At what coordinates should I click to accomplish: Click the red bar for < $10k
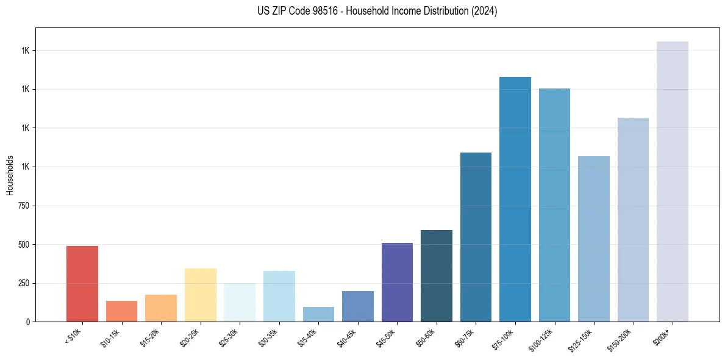pyautogui.click(x=82, y=284)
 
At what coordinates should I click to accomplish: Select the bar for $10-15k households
pyautogui.click(x=121, y=311)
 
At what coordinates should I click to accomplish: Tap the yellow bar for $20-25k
pyautogui.click(x=201, y=295)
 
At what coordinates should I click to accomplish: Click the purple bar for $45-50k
pyautogui.click(x=397, y=283)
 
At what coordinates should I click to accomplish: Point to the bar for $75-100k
pyautogui.click(x=515, y=200)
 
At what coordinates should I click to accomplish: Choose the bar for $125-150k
pyautogui.click(x=594, y=239)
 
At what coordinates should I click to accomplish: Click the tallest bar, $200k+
pyautogui.click(x=673, y=182)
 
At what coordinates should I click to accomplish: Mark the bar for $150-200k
pyautogui.click(x=633, y=220)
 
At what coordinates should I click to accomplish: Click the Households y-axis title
pyautogui.click(x=10, y=175)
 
